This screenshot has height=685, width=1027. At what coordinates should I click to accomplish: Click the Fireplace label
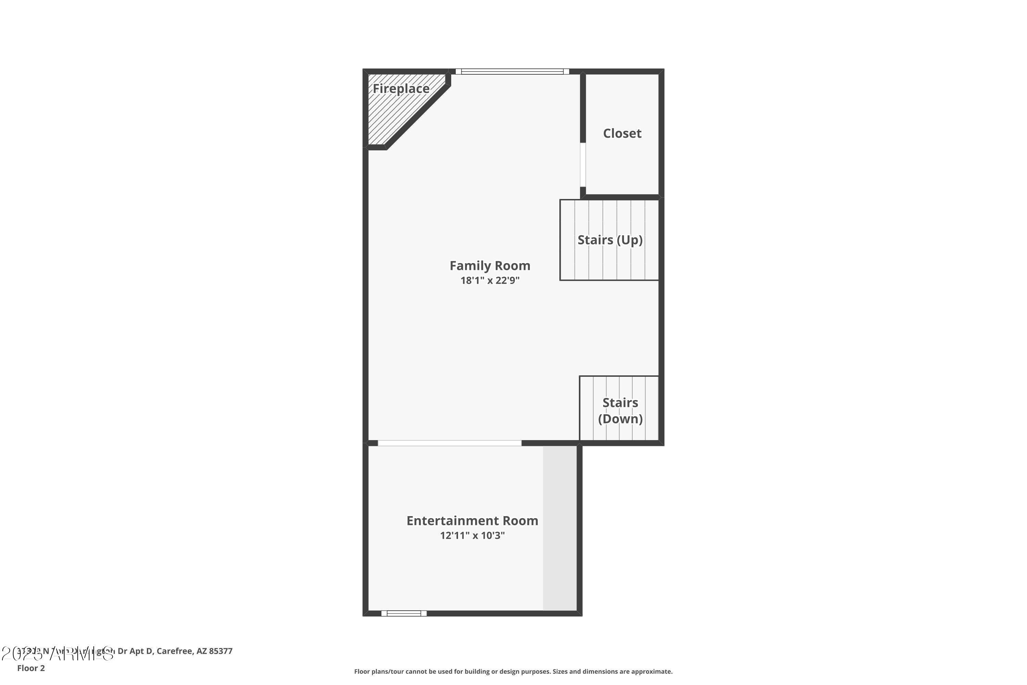401,89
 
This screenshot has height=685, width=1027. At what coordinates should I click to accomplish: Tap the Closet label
622,133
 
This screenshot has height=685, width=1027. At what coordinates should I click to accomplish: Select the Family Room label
490,266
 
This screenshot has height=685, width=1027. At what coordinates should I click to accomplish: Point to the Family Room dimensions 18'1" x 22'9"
490,281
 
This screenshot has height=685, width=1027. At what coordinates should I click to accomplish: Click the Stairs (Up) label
610,240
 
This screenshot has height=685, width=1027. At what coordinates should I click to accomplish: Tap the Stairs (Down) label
620,411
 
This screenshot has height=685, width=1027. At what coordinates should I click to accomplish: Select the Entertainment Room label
472,521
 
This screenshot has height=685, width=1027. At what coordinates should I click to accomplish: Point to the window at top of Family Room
512,72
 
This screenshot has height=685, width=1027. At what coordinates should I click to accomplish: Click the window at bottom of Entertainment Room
404,613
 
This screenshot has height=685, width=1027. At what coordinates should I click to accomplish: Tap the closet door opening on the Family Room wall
583,165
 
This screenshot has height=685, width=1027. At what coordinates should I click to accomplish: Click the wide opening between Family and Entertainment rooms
449,443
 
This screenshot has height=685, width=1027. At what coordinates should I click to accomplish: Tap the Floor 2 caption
31,668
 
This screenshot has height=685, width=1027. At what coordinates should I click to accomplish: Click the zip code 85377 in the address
220,651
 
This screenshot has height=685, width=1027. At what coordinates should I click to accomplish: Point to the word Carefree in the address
174,651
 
